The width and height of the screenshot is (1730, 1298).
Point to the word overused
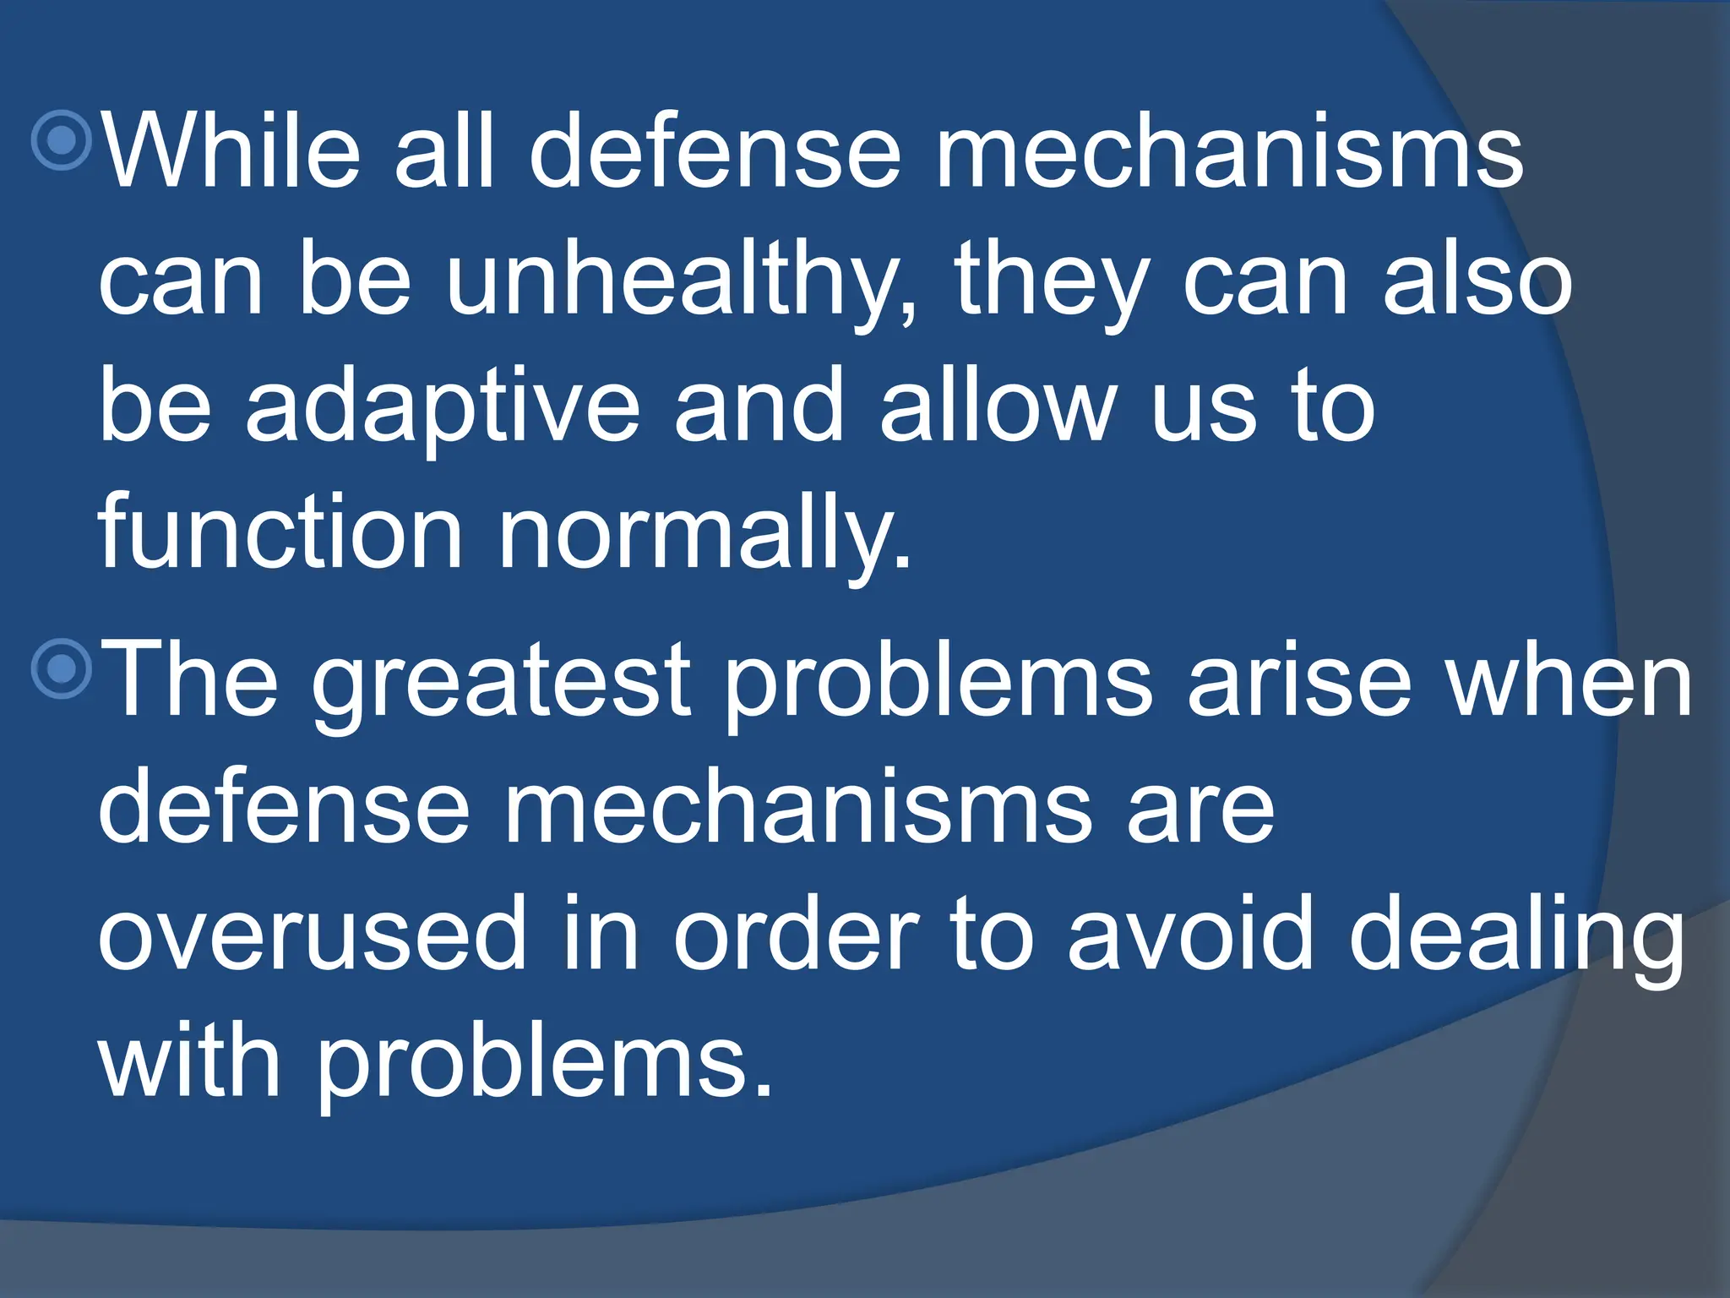point(313,934)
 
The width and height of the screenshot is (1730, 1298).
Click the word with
point(189,1060)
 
